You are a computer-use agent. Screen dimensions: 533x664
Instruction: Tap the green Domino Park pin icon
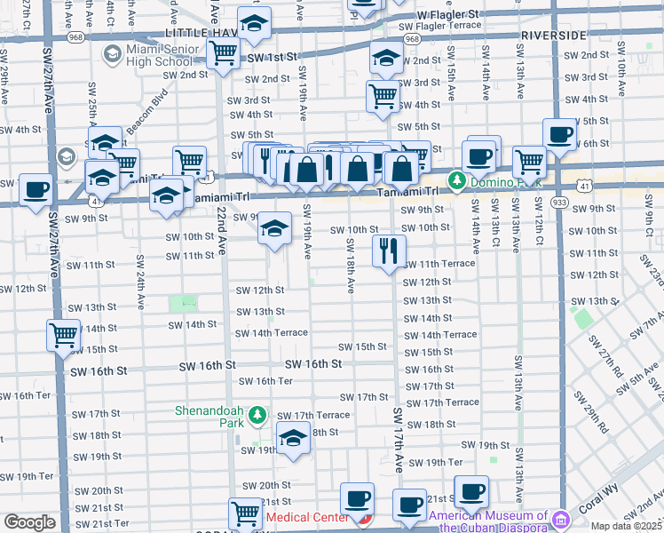click(457, 181)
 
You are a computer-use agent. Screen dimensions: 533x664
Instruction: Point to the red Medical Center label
click(307, 517)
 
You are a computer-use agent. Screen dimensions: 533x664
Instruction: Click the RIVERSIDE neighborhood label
click(553, 35)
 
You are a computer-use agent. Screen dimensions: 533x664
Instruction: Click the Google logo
click(29, 522)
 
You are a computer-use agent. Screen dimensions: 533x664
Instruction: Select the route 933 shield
click(561, 202)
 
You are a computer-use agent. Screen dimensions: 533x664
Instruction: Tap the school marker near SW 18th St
click(293, 438)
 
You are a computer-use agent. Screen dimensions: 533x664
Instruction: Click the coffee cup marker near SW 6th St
click(559, 134)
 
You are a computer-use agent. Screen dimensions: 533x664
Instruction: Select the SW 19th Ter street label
click(444, 463)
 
